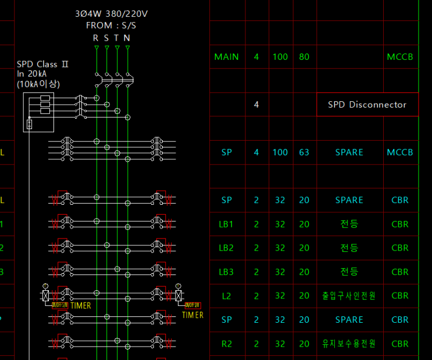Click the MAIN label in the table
226,57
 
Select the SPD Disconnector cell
367,105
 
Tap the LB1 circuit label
226,224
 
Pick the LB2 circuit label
226,248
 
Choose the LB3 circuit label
226,272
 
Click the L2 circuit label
226,295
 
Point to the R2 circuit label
226,344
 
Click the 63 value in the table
304,152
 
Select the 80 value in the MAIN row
304,57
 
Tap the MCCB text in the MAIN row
400,57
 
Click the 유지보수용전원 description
349,344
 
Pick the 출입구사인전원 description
349,295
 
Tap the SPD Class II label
42,64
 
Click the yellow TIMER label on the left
81,305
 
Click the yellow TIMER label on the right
193,315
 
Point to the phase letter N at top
127,38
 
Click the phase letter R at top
96,38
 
